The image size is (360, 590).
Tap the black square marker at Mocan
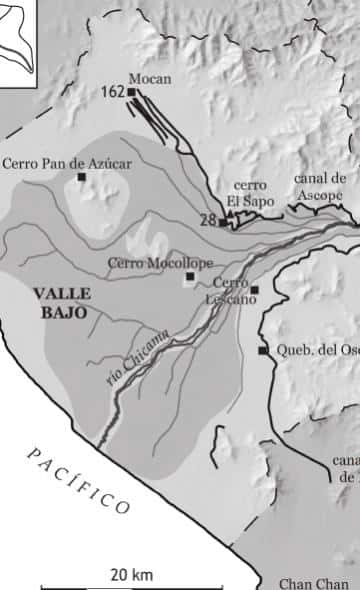click(x=131, y=92)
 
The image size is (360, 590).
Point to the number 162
click(x=112, y=92)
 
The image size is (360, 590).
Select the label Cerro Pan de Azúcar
click(x=68, y=161)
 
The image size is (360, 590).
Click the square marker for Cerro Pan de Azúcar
click(x=82, y=177)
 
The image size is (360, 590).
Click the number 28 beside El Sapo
click(x=208, y=219)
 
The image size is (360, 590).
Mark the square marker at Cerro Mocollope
click(x=189, y=276)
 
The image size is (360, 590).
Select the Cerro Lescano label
click(x=232, y=291)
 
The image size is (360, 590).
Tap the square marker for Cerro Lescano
click(x=254, y=291)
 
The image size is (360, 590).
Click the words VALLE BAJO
click(x=61, y=302)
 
